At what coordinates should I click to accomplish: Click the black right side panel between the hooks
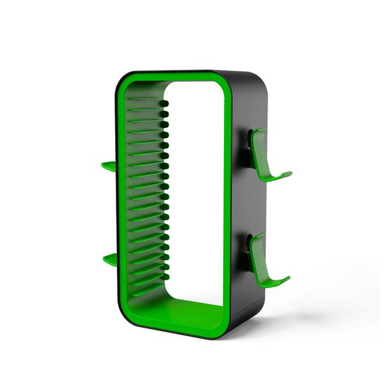tap(246, 205)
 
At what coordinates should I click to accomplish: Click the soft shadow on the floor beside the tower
tap(301, 320)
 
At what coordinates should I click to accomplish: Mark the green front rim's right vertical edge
tap(229, 205)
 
